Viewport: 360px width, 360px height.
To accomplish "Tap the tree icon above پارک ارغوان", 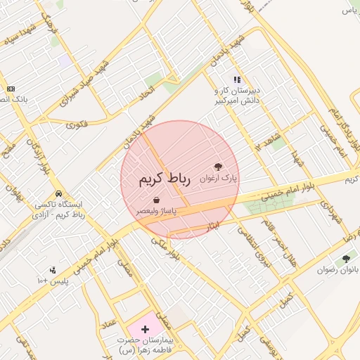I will point(219,167).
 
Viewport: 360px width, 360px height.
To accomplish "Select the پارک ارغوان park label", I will point(219,179).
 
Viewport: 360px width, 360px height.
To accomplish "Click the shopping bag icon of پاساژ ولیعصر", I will point(165,201).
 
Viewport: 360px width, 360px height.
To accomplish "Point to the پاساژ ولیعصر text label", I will point(157,211).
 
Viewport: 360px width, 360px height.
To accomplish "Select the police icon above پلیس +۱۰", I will point(52,270).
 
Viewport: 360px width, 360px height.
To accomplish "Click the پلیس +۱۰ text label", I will point(53,281).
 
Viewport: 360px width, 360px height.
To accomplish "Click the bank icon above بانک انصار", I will point(11,89).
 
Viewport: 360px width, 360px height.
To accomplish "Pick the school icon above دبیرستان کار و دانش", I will point(237,79).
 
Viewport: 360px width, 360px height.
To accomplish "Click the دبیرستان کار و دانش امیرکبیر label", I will point(237,96).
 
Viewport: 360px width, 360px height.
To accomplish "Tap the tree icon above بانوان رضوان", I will point(346,258).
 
